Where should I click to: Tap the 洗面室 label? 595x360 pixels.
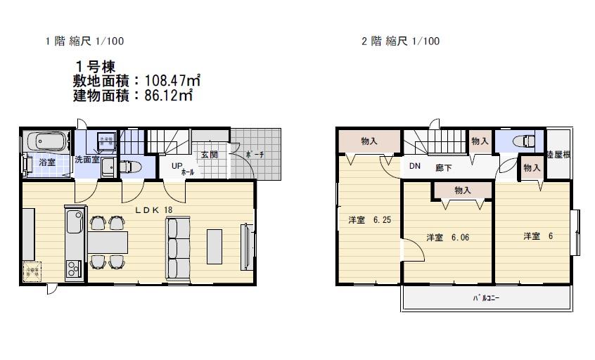87,160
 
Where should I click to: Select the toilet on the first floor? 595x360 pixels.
131,167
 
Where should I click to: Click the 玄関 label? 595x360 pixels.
209,155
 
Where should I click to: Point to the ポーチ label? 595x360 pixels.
254,155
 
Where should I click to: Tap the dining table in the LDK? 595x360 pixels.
108,242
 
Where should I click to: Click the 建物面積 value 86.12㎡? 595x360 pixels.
168,96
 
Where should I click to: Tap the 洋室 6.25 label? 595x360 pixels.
369,220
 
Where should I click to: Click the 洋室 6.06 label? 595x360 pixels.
447,238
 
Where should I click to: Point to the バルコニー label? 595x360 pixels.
486,297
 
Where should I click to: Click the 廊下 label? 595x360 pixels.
443,167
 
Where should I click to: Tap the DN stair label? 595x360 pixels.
414,167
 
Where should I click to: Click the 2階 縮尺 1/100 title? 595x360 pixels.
400,41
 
